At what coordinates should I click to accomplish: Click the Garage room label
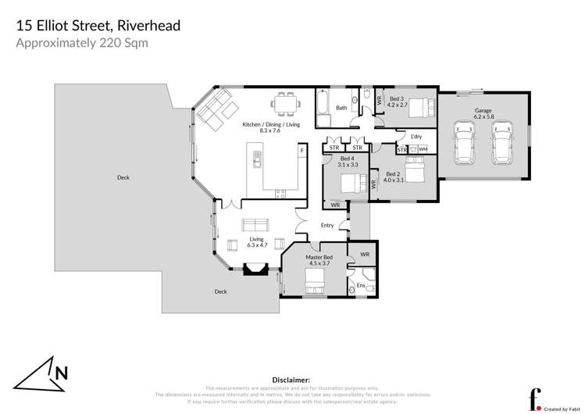click(x=483, y=111)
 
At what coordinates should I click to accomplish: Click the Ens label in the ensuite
click(x=361, y=286)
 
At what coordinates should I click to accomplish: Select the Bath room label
click(x=341, y=108)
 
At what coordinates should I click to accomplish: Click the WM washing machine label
click(x=423, y=148)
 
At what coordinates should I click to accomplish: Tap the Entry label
click(x=327, y=226)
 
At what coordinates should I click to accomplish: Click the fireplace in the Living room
click(x=255, y=271)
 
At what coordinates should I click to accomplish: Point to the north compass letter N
click(x=61, y=373)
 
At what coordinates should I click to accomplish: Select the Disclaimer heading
click(x=291, y=378)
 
